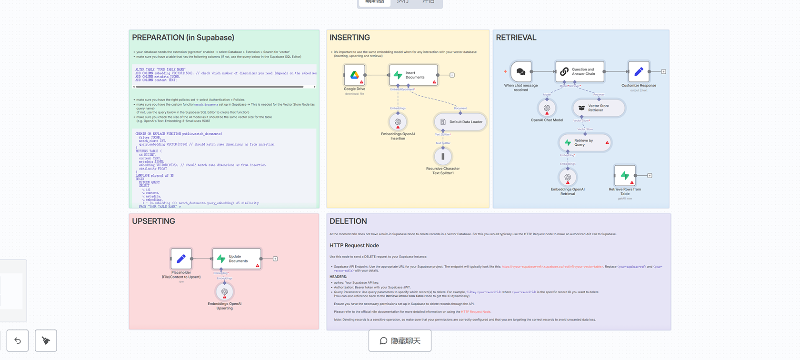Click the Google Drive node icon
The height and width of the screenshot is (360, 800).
(x=354, y=75)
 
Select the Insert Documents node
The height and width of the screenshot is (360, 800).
(x=413, y=75)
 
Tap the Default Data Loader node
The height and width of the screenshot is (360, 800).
(x=460, y=122)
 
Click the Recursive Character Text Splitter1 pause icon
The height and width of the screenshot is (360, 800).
(x=443, y=156)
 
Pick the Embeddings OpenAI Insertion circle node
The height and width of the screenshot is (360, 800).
(x=398, y=122)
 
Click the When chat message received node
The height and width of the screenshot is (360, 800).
(x=521, y=71)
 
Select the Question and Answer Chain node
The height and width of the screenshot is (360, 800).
(x=580, y=71)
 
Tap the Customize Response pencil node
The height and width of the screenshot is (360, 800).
(x=639, y=71)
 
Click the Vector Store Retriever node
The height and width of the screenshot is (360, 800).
(x=599, y=108)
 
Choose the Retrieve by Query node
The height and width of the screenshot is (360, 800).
(x=585, y=142)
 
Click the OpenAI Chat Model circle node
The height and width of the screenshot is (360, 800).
(x=547, y=108)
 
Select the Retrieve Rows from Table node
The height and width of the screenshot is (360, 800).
(x=625, y=176)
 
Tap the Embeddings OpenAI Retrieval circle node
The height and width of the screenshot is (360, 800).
(x=568, y=177)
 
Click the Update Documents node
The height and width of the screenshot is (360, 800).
(x=237, y=259)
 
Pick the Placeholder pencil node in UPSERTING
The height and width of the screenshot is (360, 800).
(x=181, y=259)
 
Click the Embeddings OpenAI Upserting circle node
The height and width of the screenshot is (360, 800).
(x=224, y=291)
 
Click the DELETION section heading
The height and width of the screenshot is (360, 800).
(x=348, y=221)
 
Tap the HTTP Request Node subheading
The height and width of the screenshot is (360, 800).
(x=354, y=246)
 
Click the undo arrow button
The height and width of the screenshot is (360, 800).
(x=18, y=340)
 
